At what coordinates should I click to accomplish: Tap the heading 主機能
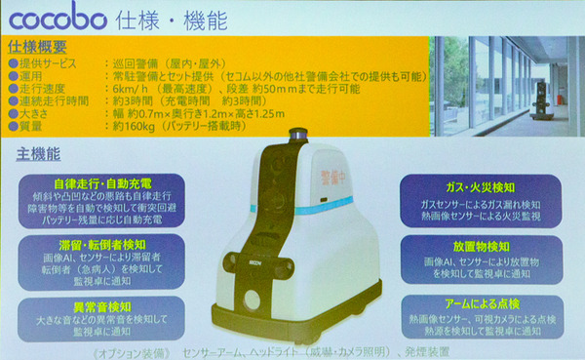tap(39, 154)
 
